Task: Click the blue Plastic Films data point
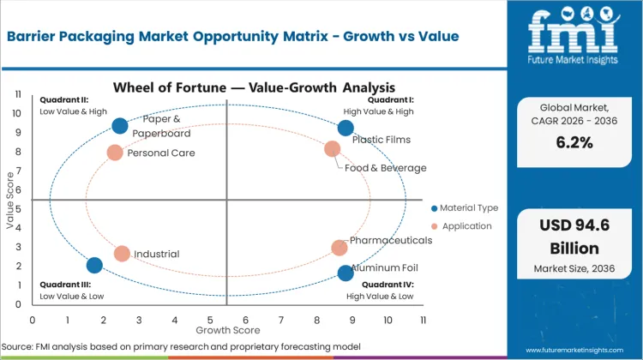(x=346, y=129)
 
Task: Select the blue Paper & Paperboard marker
(x=120, y=126)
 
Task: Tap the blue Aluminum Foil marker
(x=346, y=273)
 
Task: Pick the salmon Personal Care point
(x=115, y=153)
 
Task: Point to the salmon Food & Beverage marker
(x=333, y=149)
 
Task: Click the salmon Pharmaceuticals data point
(x=340, y=248)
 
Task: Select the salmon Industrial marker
(x=122, y=254)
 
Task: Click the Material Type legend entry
(x=466, y=208)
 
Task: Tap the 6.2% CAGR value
(x=574, y=143)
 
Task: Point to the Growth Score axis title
(x=227, y=329)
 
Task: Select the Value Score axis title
(x=10, y=199)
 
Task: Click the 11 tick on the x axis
(x=423, y=320)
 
